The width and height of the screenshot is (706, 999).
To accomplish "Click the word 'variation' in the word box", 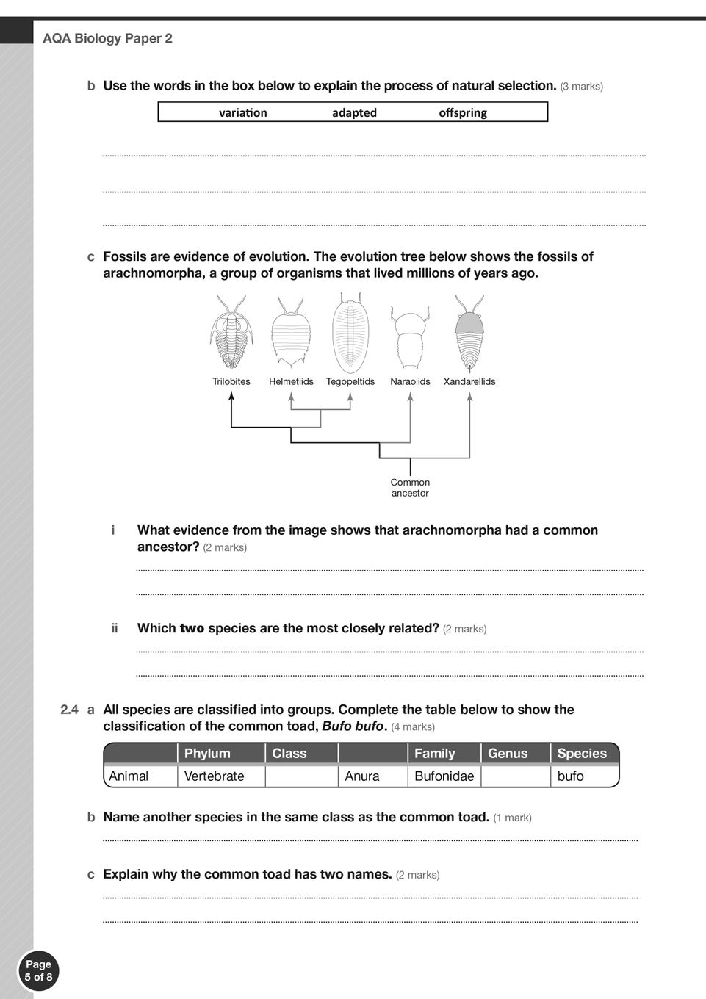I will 242,112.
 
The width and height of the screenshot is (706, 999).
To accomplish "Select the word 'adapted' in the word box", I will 354,112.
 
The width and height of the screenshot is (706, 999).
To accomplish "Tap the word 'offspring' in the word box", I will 463,112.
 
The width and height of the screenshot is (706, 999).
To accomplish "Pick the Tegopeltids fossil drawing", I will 350,333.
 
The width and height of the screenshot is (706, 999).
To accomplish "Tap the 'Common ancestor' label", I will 410,488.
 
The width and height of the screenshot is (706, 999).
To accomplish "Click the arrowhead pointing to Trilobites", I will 231,396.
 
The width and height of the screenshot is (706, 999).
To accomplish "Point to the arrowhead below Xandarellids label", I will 469,396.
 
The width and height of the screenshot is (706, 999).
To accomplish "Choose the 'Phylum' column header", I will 207,753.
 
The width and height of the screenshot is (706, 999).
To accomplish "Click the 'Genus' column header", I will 508,753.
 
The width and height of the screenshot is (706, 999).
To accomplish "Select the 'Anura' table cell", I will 362,776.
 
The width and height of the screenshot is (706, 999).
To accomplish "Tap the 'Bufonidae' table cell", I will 444,776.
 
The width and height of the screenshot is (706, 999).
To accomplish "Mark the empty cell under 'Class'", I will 301,776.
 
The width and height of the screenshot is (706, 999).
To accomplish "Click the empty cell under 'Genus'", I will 515,776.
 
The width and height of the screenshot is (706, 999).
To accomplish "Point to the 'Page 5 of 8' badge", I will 38,970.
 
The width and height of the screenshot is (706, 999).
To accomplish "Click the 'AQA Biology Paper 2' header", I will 107,38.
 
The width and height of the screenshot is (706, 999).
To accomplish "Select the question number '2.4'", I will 69,710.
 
